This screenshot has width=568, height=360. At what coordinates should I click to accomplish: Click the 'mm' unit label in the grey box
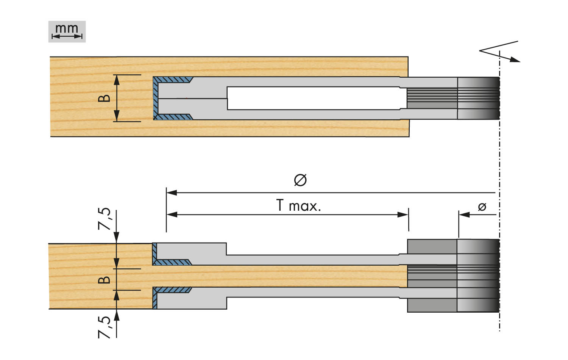pos(67,29)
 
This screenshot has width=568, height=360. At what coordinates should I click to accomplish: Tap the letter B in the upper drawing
pos(104,98)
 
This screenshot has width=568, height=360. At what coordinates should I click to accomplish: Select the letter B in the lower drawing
pos(104,280)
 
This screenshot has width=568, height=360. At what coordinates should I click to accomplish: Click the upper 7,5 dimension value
pos(105,219)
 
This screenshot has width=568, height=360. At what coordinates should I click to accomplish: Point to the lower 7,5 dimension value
pos(105,327)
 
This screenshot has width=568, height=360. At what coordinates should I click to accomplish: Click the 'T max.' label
pos(299,205)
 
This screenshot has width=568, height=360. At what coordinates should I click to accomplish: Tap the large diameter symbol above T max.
pos(300,180)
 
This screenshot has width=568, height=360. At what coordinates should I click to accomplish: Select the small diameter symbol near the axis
pos(482,207)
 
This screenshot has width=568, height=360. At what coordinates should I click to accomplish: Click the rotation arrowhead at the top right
pos(515,59)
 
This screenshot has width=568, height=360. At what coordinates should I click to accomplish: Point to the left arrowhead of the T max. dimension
pos(172,215)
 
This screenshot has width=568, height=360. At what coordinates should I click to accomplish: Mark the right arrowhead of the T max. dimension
pos(403,215)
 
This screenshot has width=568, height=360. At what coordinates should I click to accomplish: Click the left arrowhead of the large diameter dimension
pos(172,193)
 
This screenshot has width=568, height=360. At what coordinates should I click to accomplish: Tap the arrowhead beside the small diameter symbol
pos(464,215)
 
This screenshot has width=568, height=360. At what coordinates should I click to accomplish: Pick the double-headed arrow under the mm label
pos(67,36)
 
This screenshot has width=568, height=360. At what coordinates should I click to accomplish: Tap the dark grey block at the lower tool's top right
pos(432,246)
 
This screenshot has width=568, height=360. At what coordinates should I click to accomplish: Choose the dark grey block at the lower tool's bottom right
pos(432,305)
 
